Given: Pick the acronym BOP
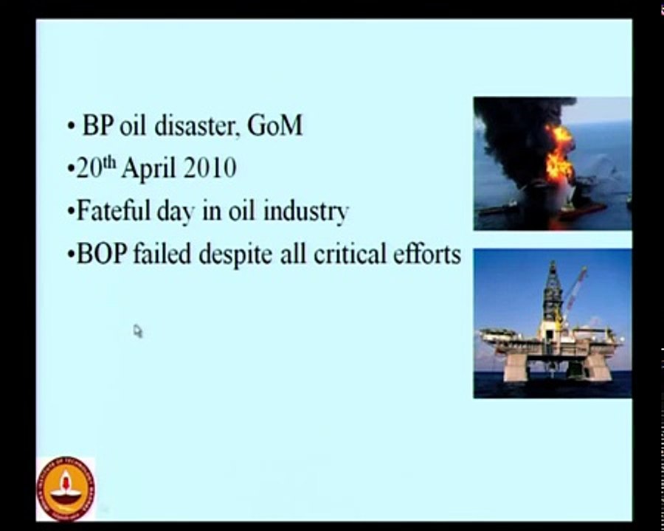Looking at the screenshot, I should point(101,254).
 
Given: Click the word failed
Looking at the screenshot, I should point(166,254).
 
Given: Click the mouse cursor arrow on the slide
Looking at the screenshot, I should point(137,331).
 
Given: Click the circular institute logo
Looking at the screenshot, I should point(66,487).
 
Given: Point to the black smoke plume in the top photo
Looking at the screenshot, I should point(516,125).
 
